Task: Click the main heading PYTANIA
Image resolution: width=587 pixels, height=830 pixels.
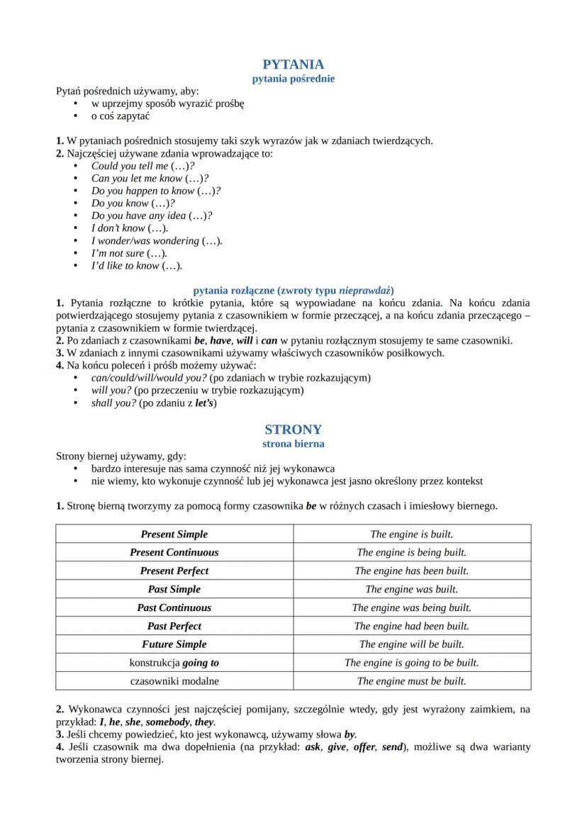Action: tap(293, 65)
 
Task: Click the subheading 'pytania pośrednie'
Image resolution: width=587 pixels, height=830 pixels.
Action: tap(293, 79)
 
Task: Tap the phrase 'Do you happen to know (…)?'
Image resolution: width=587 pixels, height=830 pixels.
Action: tap(156, 191)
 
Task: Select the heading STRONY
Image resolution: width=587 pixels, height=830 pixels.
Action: tap(293, 430)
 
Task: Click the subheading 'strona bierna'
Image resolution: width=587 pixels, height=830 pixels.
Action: tap(293, 444)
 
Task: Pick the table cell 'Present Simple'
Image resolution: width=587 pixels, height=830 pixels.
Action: tap(174, 534)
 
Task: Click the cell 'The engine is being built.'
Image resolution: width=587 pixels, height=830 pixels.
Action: tap(411, 552)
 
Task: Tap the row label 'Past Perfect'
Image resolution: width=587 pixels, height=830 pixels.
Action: tap(174, 626)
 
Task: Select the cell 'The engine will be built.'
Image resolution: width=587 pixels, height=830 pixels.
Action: tap(411, 644)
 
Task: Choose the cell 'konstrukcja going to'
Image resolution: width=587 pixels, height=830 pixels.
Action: tap(174, 663)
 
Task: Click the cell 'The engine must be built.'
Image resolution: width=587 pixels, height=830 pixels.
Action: tap(411, 681)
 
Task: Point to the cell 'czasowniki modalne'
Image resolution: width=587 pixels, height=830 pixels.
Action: tap(174, 681)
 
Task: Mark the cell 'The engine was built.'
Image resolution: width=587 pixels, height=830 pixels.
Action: tap(411, 589)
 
